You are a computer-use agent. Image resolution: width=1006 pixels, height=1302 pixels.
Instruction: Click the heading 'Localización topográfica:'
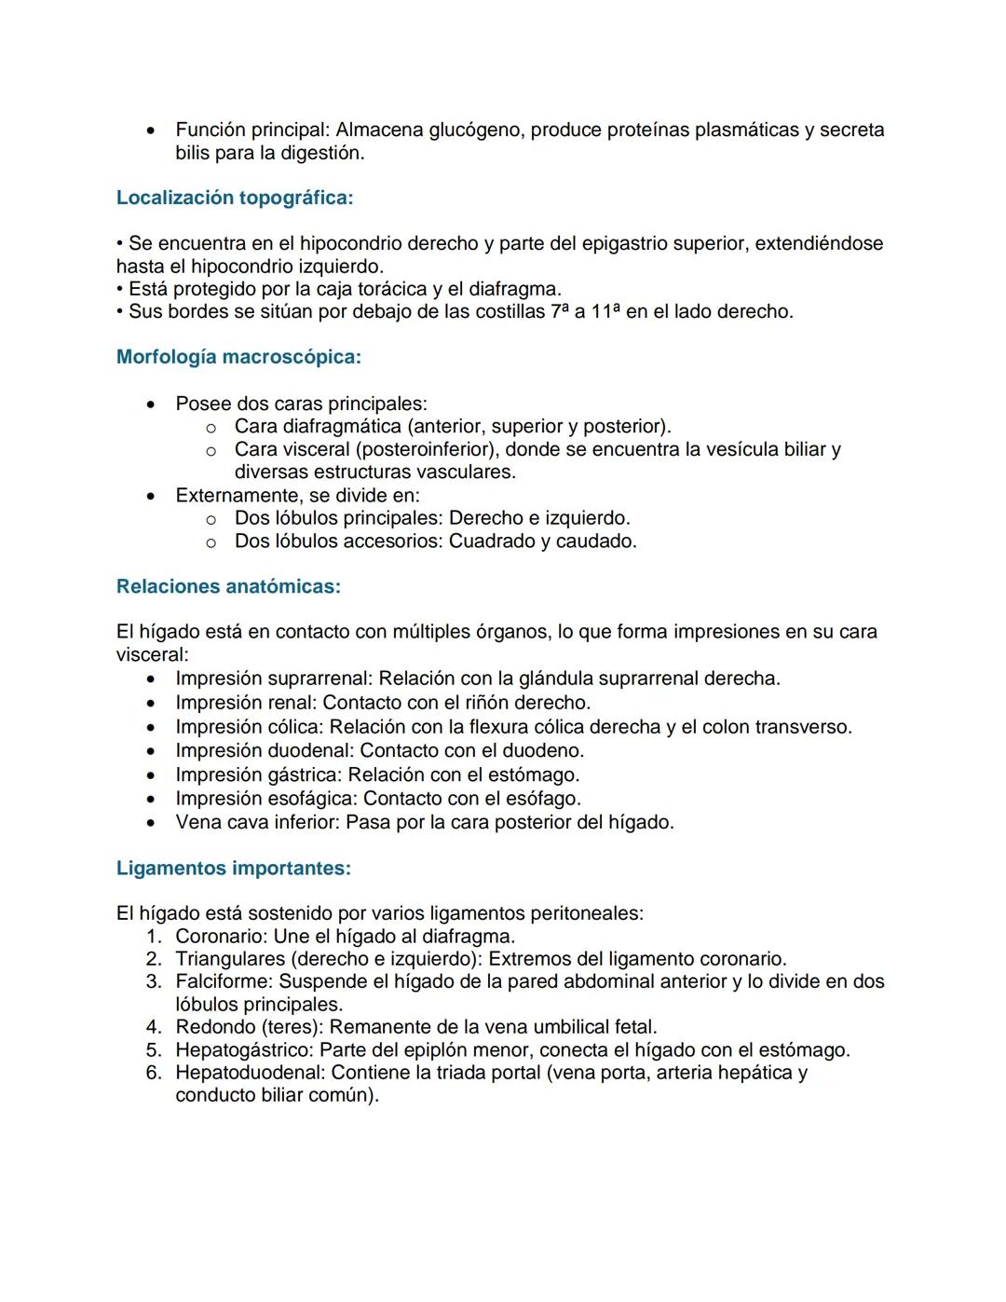tap(235, 198)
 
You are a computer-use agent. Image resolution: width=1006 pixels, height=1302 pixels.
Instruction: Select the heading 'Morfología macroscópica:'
tap(238, 357)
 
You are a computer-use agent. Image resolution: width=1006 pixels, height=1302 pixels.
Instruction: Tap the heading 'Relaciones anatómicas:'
tap(228, 586)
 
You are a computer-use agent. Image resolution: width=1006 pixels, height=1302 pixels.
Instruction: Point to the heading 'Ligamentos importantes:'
tap(234, 869)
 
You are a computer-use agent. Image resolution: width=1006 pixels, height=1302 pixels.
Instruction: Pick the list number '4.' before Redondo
tap(154, 1027)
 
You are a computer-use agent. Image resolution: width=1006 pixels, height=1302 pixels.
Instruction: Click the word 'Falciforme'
tap(224, 981)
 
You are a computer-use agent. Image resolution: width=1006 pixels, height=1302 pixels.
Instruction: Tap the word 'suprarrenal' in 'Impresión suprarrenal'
tap(318, 678)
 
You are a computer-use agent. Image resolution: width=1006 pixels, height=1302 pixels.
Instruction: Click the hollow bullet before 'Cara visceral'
tap(211, 451)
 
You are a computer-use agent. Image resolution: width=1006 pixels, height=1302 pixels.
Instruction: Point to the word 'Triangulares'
tap(230, 959)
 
